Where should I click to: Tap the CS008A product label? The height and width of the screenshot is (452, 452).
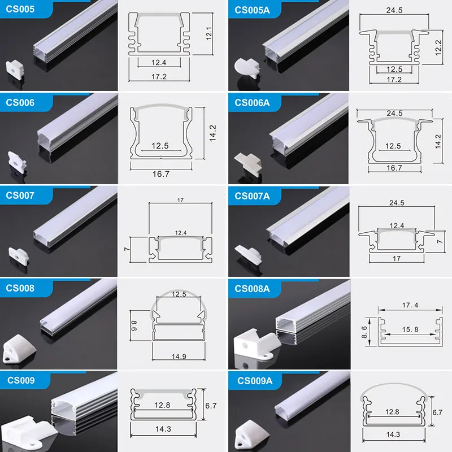tap(253, 289)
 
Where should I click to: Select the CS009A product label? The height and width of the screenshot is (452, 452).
tap(255, 381)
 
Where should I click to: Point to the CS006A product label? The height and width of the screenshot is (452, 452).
tap(253, 103)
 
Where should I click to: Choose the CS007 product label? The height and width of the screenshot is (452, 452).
tap(20, 195)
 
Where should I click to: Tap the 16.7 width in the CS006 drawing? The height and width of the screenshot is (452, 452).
tap(162, 174)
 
